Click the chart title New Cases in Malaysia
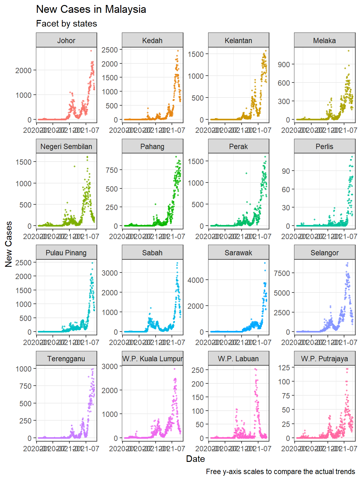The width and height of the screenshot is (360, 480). coord(91,9)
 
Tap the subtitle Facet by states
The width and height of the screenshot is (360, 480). coord(67,24)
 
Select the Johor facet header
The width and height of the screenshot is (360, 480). coord(66,41)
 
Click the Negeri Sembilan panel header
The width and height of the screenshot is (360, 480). coord(66,147)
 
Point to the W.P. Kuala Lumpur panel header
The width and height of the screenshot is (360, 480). coord(152,359)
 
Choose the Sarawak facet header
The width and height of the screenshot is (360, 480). coord(238,253)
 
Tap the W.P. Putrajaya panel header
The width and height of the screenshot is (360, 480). coord(324,359)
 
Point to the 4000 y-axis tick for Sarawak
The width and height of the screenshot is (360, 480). coord(196,280)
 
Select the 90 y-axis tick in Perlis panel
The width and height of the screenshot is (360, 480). coord(286,171)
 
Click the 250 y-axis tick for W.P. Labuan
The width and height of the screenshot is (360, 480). coord(197,370)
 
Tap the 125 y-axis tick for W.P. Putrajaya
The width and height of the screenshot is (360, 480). coord(284,368)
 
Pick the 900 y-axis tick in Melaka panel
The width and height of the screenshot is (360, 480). coord(284,65)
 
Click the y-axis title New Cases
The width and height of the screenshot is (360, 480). coord(8,244)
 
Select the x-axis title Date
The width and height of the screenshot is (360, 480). coord(195,459)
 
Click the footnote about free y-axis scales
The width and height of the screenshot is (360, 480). coord(280,472)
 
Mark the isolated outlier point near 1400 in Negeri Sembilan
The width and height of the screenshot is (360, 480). coord(74,166)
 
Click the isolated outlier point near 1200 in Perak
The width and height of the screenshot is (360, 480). coord(246,173)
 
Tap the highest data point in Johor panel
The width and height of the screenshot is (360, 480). coord(91,51)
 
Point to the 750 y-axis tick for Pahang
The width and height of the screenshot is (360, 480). coord(112,170)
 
